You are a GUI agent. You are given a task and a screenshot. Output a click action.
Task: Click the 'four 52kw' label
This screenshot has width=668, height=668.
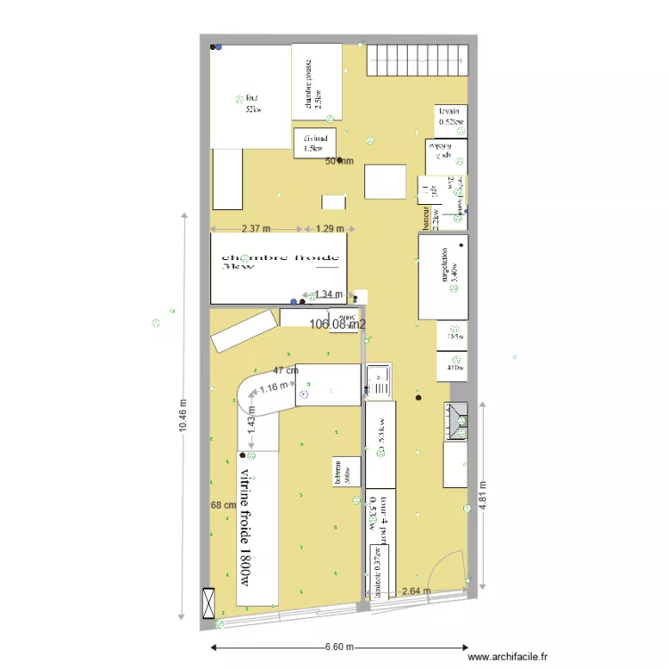pyautogui.click(x=252, y=104)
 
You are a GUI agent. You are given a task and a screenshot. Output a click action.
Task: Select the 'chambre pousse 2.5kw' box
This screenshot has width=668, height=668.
pyautogui.click(x=317, y=82)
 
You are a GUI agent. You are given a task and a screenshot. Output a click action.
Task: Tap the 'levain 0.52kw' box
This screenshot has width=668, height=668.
pyautogui.click(x=451, y=117)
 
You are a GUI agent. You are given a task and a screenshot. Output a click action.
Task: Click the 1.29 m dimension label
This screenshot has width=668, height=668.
pyautogui.click(x=330, y=229)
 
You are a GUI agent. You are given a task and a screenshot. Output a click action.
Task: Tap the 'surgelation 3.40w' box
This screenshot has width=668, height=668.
pyautogui.click(x=444, y=275)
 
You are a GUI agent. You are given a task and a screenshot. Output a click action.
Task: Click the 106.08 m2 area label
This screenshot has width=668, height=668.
pyautogui.click(x=338, y=325)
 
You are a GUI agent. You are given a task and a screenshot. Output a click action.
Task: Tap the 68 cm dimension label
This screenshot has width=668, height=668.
pyautogui.click(x=223, y=506)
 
